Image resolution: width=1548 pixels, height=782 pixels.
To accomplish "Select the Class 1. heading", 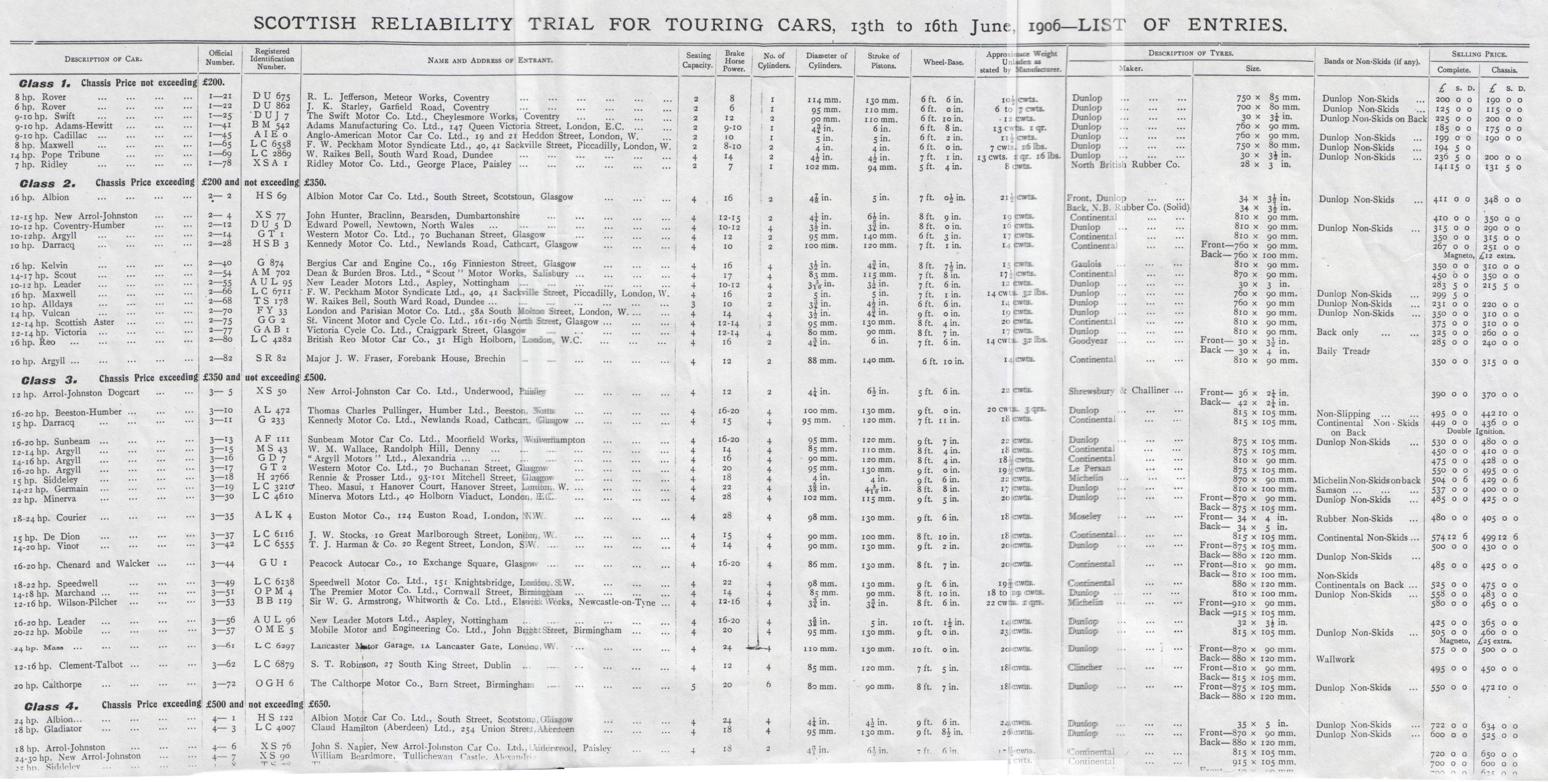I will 45,83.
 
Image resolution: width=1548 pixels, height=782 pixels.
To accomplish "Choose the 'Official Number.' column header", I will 220,58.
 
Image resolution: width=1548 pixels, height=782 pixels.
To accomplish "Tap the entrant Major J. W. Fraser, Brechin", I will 405,359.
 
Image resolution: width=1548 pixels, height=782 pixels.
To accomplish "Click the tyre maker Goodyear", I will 1088,341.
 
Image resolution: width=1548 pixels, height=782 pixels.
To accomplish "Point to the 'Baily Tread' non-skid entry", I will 1343,350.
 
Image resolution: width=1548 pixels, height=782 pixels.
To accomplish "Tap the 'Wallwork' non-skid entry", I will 1335,659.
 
